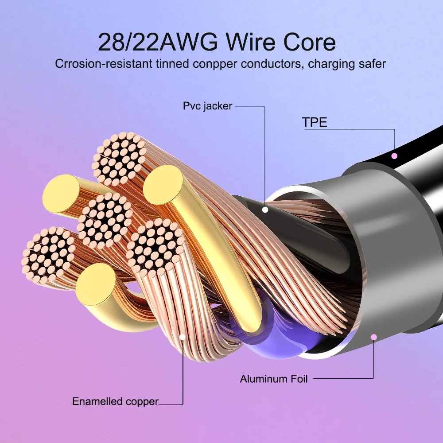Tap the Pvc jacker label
coord(208,106)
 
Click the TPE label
coord(315,122)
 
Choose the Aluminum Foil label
coord(274,379)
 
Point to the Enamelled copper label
coord(115,402)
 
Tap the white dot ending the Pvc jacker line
coord(265,209)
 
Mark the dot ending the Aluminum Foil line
coord(374,337)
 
